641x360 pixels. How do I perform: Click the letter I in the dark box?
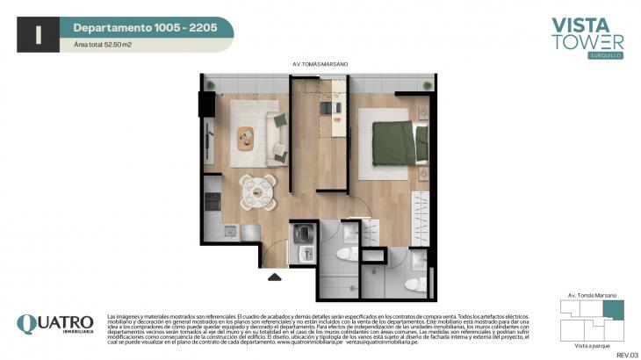39,34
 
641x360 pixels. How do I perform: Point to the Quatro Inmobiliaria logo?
54,324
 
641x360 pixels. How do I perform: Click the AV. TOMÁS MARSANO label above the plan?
320,64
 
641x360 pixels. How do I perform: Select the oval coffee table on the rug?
247,137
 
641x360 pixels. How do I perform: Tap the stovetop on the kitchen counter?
212,200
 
